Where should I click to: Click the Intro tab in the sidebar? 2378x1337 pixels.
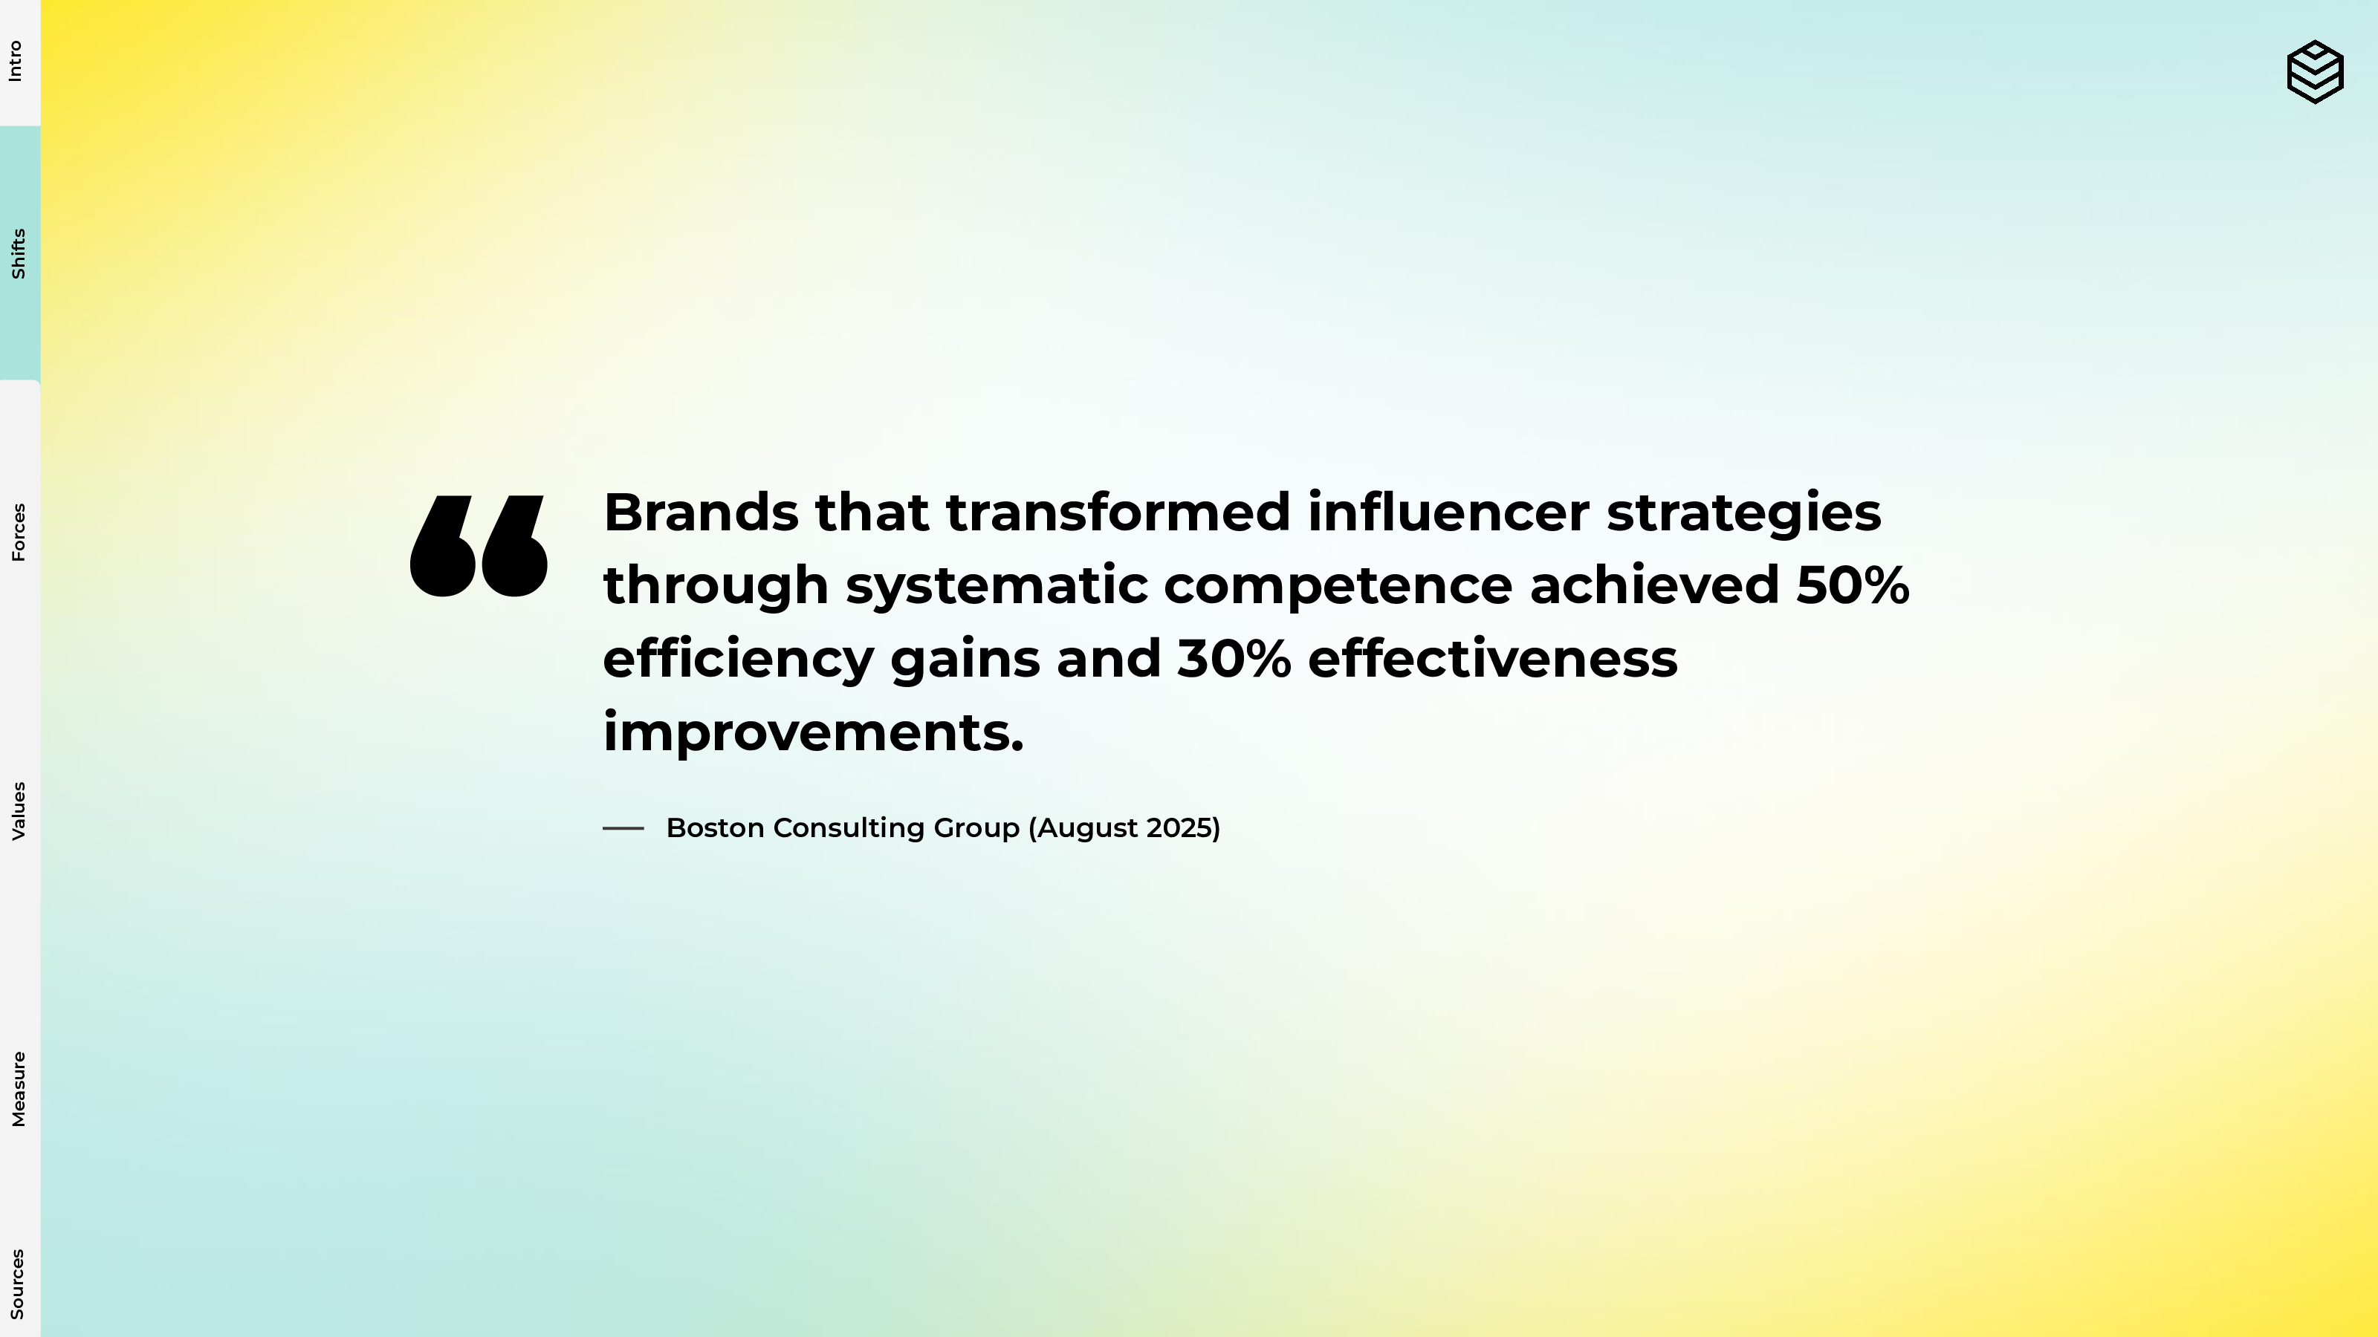16,62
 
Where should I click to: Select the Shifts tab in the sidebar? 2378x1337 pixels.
18,254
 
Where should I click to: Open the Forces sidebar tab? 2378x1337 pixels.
18,533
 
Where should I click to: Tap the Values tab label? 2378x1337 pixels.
18,811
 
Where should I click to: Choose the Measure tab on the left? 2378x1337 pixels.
18,1089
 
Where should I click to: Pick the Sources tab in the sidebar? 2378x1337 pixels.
18,1284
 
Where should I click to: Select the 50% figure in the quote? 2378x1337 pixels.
1853,585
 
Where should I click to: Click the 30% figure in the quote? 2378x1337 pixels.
1234,659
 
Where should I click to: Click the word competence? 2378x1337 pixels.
1338,586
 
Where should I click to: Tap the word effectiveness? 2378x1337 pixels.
1493,659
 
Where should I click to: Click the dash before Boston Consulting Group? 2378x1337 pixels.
623,829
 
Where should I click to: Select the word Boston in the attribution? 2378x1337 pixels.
714,827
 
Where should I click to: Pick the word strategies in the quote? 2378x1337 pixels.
1744,514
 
